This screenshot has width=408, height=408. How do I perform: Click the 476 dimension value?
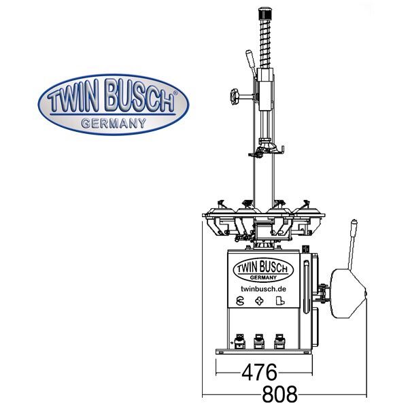[260, 373]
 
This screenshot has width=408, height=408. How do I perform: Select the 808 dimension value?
[279, 394]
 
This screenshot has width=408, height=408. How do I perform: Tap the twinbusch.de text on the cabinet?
[263, 289]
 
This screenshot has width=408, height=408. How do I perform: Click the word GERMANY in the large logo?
[114, 123]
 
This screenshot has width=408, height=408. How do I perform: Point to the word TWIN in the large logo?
[73, 97]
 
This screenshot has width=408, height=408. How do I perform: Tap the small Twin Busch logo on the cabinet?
[263, 270]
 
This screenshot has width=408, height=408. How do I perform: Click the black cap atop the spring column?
[265, 14]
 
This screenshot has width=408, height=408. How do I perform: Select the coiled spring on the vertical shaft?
[265, 44]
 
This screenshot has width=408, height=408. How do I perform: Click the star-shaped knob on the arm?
[234, 97]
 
